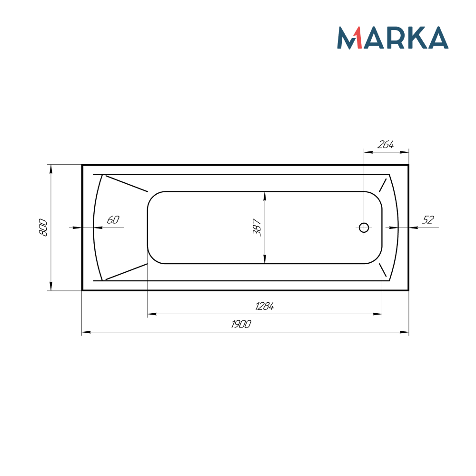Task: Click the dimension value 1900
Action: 241,324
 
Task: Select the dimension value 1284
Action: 265,307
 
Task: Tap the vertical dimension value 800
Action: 43,228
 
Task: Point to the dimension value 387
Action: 257,228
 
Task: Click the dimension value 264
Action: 386,145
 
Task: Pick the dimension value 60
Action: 113,220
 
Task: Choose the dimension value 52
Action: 428,220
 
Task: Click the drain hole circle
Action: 364,228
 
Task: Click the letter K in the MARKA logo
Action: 416,38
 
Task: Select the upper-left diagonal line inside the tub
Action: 127,183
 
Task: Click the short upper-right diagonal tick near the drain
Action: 383,185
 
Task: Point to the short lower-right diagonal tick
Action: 383,270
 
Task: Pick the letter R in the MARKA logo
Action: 397,38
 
